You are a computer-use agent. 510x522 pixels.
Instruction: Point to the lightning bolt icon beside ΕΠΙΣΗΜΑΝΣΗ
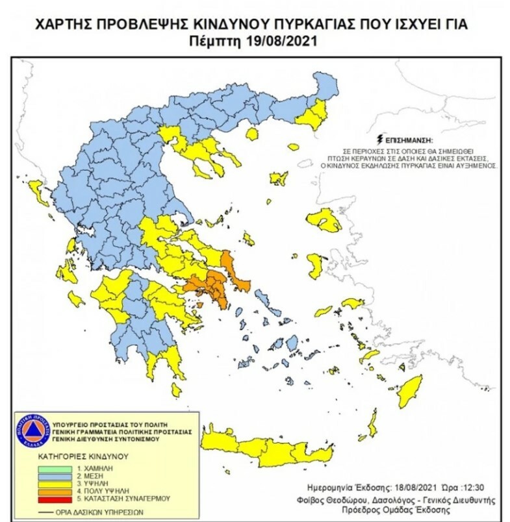pyautogui.click(x=380, y=139)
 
